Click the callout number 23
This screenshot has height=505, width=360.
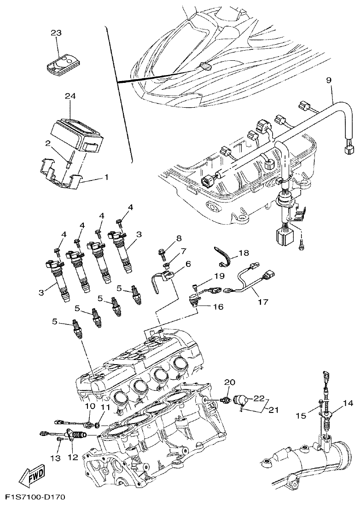click(56, 33)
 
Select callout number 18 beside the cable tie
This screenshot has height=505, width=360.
click(243, 253)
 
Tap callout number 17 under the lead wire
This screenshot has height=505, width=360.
click(262, 302)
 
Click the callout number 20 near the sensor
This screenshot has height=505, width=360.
click(229, 382)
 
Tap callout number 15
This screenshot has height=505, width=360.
click(301, 416)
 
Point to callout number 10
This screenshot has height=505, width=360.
click(89, 406)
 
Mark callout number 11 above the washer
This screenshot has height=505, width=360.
click(106, 407)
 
